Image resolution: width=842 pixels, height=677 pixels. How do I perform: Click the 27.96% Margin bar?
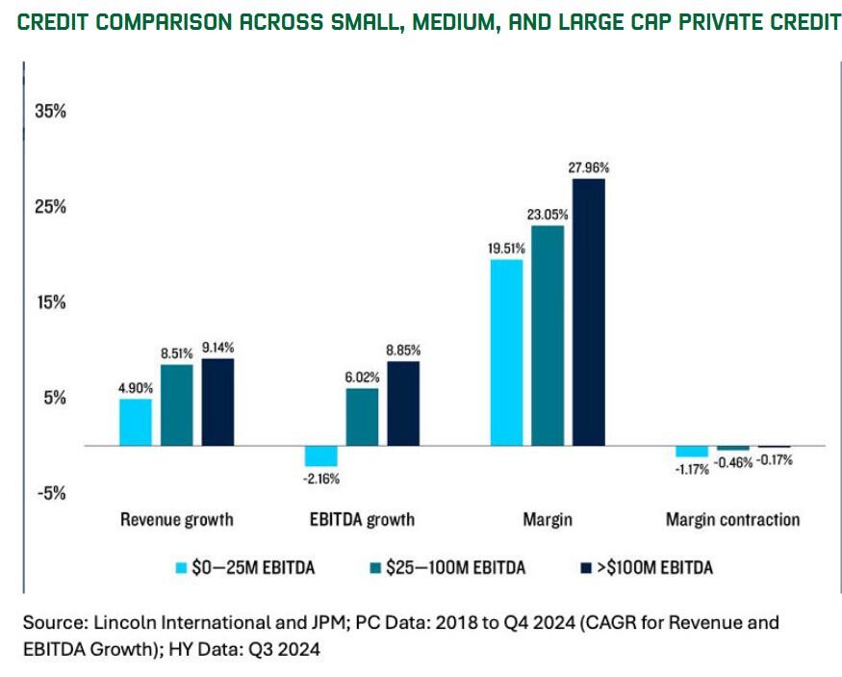point(588,312)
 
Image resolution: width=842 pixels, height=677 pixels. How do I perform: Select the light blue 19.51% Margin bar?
point(506,352)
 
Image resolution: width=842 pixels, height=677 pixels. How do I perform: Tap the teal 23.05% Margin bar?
point(548,335)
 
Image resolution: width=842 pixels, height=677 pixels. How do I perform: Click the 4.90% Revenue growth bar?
point(135,422)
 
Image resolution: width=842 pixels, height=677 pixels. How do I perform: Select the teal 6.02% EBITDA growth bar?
point(362,416)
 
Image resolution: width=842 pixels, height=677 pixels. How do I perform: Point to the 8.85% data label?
point(403,350)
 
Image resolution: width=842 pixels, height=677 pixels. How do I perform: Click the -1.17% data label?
point(691,469)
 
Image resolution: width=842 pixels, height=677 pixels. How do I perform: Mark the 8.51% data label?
point(176,352)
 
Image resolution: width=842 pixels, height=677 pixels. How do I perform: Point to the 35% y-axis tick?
point(50,111)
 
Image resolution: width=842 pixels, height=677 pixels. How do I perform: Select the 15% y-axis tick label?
point(50,301)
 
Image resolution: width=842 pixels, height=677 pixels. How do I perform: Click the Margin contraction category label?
point(732,520)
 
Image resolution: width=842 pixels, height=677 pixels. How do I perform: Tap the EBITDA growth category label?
point(362,520)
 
